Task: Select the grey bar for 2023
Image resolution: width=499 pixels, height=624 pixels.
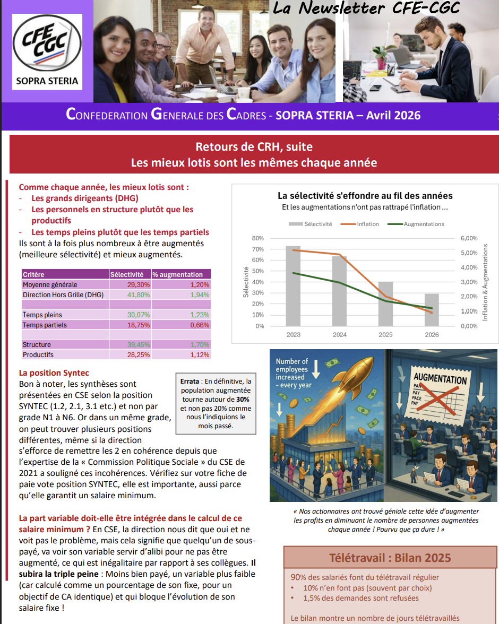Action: [293, 286]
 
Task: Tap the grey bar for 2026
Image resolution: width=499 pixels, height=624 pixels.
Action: [432, 310]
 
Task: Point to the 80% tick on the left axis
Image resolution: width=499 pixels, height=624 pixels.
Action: [257, 238]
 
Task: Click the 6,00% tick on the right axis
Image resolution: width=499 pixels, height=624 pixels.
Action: [469, 238]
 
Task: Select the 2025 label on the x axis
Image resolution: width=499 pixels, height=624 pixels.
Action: [385, 335]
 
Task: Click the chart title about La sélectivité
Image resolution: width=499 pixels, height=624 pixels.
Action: [365, 196]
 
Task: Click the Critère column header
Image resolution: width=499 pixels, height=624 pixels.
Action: [33, 274]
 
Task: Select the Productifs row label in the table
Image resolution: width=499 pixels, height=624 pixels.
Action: [38, 354]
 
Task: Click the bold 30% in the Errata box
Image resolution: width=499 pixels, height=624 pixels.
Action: [242, 399]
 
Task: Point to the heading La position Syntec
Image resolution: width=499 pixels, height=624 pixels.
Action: [54, 373]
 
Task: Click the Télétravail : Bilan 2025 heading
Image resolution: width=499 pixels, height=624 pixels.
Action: [390, 558]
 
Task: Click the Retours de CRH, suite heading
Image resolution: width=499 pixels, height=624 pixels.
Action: [254, 147]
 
